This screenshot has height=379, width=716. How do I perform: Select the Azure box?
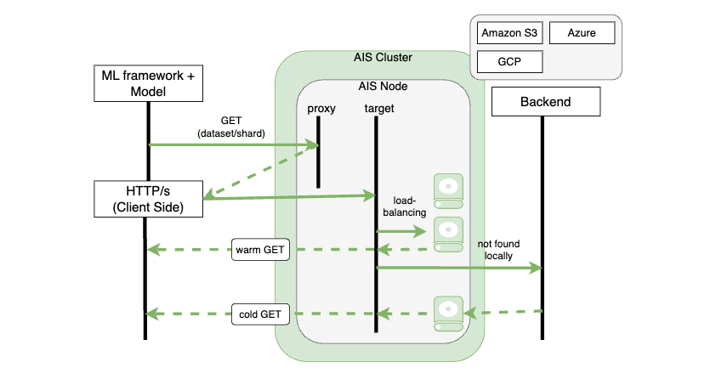click(582, 33)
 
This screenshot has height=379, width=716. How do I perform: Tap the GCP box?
click(508, 63)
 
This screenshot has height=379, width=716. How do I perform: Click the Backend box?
click(545, 103)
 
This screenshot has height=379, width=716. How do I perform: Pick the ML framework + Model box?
click(149, 83)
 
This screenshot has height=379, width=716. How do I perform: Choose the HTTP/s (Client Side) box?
click(149, 197)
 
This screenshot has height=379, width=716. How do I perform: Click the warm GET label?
click(262, 250)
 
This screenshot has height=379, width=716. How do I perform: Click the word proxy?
click(321, 108)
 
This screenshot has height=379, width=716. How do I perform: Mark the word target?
click(378, 108)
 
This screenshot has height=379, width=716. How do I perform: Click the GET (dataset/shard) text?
click(232, 127)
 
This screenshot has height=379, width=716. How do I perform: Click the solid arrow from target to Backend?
click(459, 269)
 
